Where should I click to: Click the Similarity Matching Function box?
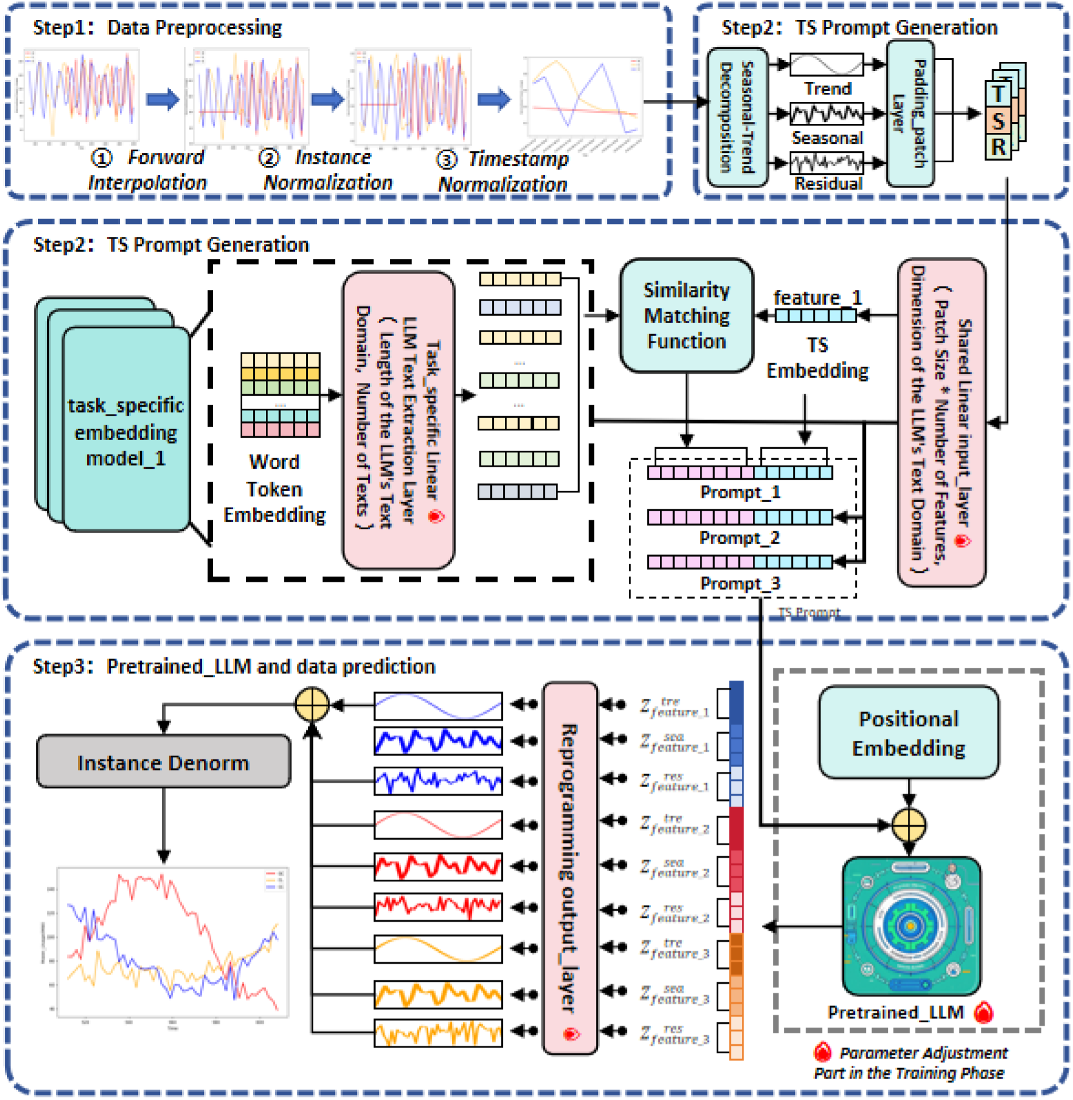pos(686,315)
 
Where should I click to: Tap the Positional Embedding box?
pos(908,733)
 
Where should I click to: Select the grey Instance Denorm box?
pos(163,762)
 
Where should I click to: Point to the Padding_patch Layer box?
pos(910,114)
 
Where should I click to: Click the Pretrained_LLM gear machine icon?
pos(911,925)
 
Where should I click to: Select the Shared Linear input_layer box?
pos(941,423)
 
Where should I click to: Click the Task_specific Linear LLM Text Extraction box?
pos(398,420)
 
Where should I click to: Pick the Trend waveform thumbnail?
pos(826,65)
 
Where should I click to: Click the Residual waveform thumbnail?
pos(826,162)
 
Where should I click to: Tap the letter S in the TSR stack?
pos(999,121)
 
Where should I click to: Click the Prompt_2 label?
pos(740,538)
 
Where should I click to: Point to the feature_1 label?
pos(818,297)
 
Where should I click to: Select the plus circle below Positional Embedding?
pos(909,825)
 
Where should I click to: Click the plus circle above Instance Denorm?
pos(312,704)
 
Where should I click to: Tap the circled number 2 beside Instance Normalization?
pos(269,158)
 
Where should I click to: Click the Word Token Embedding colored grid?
pos(280,395)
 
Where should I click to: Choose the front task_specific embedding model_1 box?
pos(127,430)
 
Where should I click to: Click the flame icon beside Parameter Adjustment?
pos(822,1053)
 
